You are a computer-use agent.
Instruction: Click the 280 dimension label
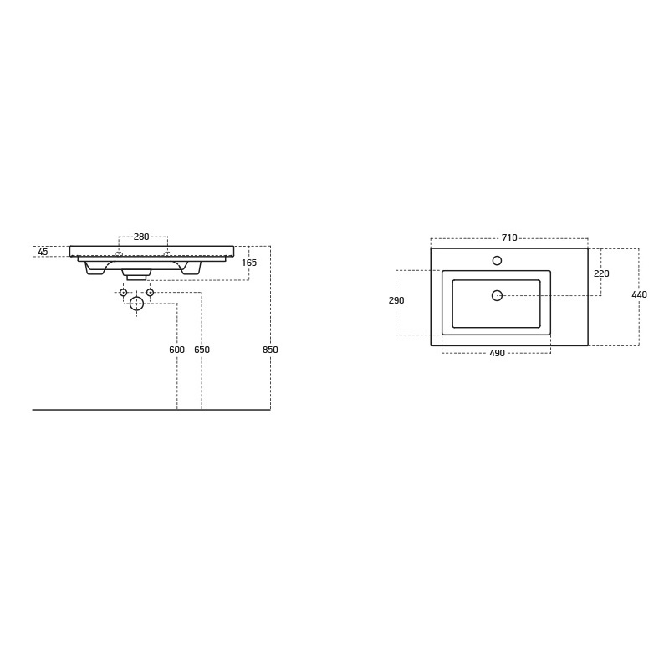click(141, 237)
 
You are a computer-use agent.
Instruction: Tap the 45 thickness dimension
click(43, 253)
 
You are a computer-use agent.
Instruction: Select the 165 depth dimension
click(249, 263)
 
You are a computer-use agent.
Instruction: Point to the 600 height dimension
click(177, 350)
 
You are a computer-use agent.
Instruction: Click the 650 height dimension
click(202, 350)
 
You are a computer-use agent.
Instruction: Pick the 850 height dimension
click(270, 350)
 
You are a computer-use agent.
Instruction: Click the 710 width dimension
click(509, 237)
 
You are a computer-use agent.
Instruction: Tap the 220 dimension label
click(601, 273)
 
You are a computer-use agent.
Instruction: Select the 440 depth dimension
click(639, 294)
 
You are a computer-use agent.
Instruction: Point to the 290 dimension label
click(396, 300)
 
